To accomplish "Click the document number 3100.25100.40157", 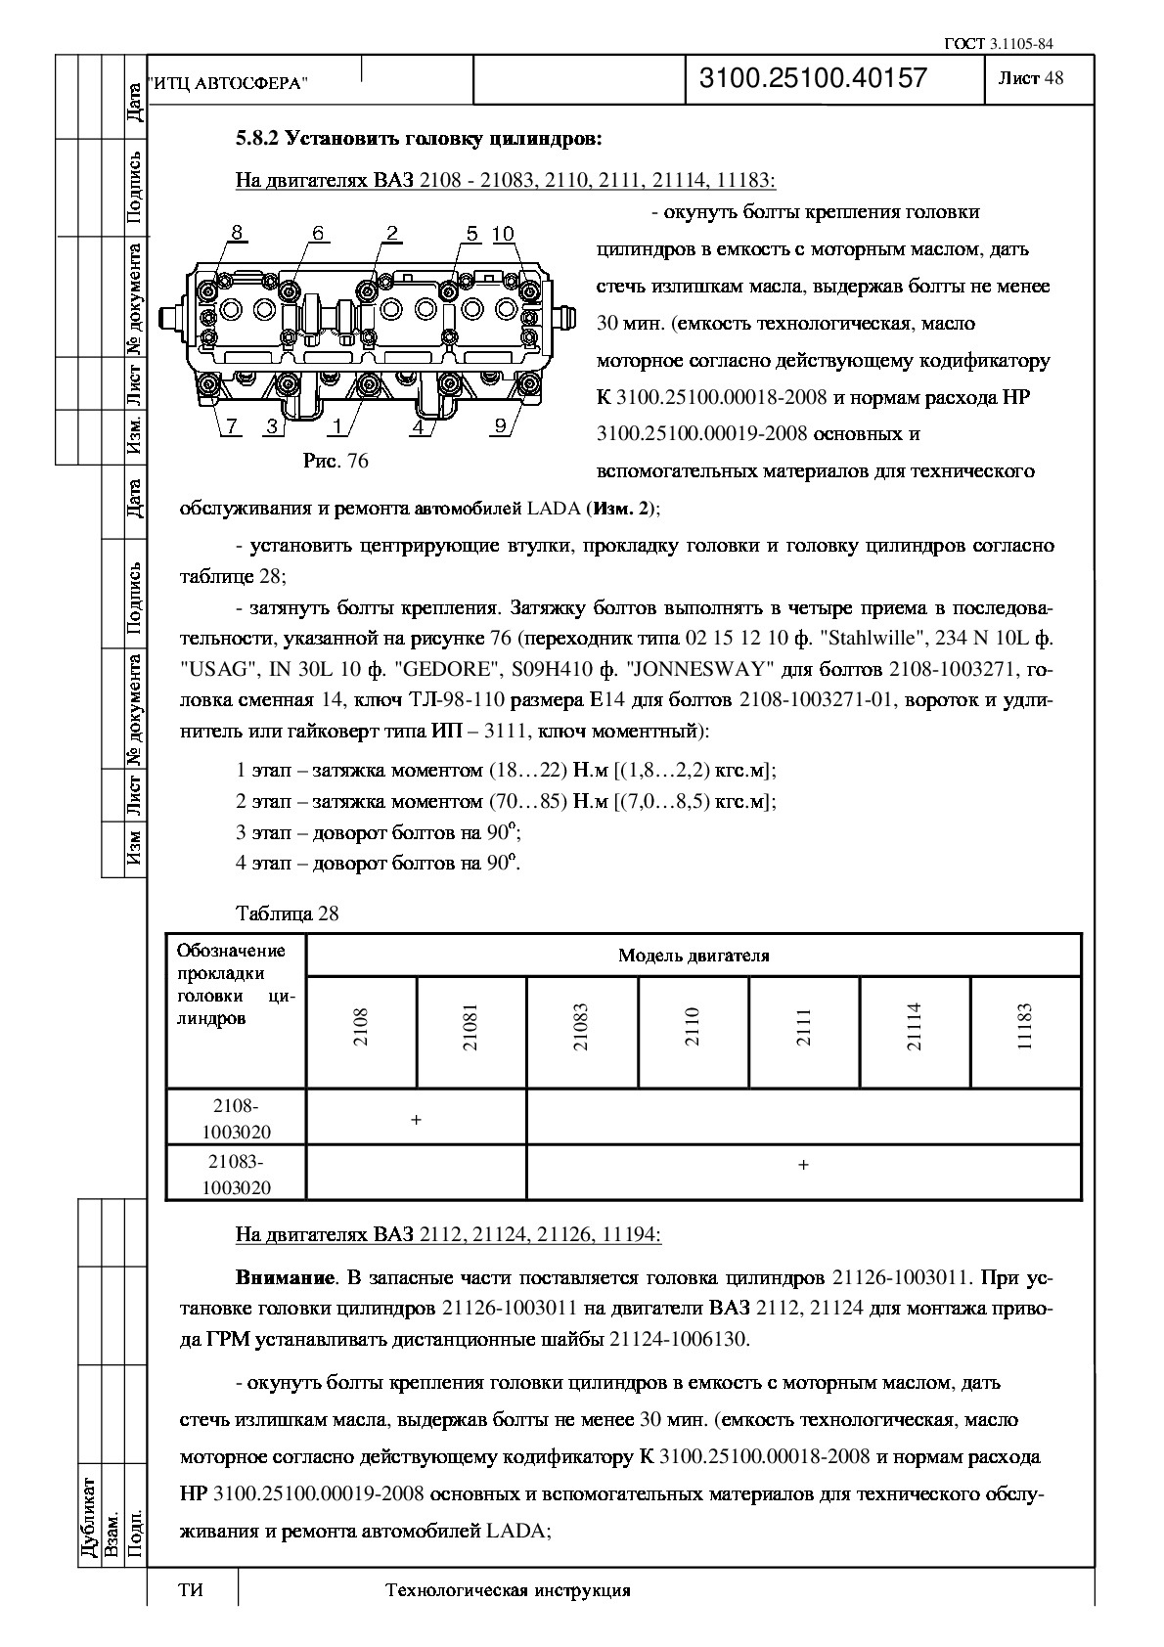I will [x=813, y=79].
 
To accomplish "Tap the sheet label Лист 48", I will [x=1030, y=79].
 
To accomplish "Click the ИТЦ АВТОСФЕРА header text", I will [x=227, y=85].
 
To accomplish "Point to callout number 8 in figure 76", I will [x=237, y=233].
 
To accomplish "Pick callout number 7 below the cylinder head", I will [x=232, y=425].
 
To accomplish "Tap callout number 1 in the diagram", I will [x=337, y=425].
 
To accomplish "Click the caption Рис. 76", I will [x=336, y=461].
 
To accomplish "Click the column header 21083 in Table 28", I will [x=582, y=1027].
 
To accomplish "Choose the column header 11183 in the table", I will [x=1025, y=1027].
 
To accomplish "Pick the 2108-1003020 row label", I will [x=236, y=1119].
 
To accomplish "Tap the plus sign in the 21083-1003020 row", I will [x=803, y=1165].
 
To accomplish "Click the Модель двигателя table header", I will [x=693, y=956].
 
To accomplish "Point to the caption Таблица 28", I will [x=288, y=913].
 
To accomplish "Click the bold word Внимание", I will [x=285, y=1278].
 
